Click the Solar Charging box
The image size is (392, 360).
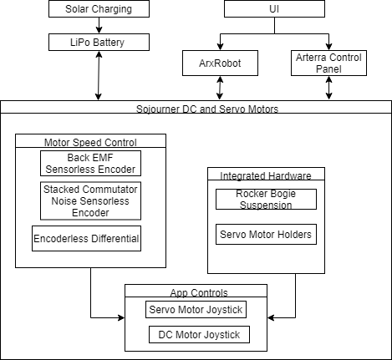coord(99,8)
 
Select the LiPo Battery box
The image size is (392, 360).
coord(99,43)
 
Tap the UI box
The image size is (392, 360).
coord(274,8)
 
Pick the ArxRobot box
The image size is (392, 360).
coord(220,63)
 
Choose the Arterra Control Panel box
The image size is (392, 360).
coord(328,63)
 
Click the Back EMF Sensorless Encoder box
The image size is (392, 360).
coord(90,164)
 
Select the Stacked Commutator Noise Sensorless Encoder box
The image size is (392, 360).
coord(90,200)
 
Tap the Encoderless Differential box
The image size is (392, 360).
coord(86,238)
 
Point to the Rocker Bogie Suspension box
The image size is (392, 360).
coord(266,199)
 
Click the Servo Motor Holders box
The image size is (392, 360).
coord(266,234)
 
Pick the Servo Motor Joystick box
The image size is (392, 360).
coord(196,309)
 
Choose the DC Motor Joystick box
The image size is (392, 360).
coord(199,334)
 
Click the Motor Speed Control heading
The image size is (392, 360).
coord(90,143)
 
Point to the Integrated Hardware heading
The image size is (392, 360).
coord(266,176)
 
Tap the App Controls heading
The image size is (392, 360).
coord(199,293)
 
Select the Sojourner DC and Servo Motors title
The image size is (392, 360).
coord(207,109)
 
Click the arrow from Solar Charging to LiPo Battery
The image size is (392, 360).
coord(99,26)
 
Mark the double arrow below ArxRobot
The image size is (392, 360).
coord(220,88)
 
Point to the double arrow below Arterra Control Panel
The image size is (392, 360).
coord(328,88)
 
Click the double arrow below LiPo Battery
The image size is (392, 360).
coord(99,75)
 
